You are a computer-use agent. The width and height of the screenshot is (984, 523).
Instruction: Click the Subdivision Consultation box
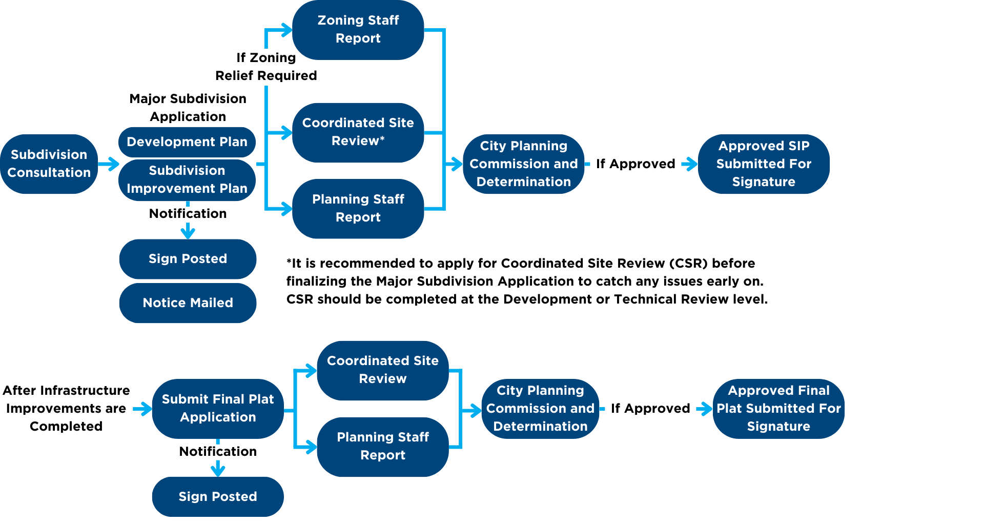pos(49,164)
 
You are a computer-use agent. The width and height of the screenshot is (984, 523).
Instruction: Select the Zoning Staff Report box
pos(358,29)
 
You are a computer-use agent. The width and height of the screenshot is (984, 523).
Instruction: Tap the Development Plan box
pos(187,142)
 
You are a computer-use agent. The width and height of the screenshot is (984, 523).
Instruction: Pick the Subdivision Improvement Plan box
pos(187,179)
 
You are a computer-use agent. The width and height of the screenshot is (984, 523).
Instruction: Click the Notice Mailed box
pos(188,303)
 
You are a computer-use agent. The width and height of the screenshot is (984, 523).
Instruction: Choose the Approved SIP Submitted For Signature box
pos(763,164)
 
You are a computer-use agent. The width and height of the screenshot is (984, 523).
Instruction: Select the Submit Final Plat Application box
pos(218,408)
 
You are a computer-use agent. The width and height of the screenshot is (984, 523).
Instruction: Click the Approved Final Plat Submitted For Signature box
pos(778,408)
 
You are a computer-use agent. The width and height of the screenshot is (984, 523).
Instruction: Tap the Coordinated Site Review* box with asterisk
pos(358,132)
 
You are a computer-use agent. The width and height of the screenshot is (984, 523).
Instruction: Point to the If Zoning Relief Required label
pos(266,67)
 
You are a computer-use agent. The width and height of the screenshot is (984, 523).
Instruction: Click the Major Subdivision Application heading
pos(188,107)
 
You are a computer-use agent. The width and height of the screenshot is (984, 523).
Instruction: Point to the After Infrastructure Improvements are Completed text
pos(66,408)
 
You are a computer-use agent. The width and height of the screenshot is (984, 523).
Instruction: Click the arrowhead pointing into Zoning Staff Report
pos(286,30)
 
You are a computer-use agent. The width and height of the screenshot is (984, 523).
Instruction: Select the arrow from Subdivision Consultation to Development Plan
pos(109,164)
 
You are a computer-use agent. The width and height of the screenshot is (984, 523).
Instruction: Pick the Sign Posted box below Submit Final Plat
pos(218,496)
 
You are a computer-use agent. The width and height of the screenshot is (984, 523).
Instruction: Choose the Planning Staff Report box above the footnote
pos(358,208)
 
